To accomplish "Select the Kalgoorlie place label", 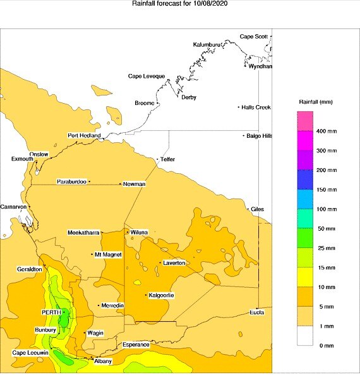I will tap(162, 295).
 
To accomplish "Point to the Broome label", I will tap(145, 102).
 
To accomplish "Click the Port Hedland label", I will tap(85, 136).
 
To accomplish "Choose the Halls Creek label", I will tap(256, 108).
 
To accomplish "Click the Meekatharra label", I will tap(84, 233).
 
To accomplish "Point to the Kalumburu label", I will tap(209, 45).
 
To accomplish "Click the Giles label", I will tap(257, 209).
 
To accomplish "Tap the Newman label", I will tap(135, 184).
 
